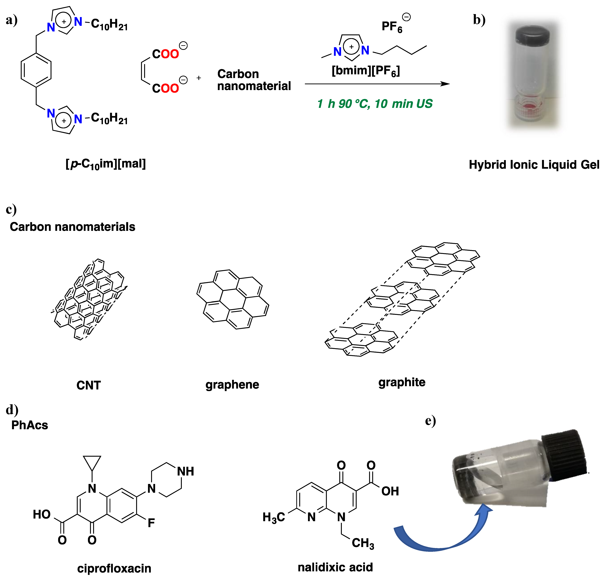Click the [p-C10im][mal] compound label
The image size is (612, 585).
tap(106, 164)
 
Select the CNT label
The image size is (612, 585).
tap(89, 385)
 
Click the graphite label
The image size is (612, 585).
tap(402, 382)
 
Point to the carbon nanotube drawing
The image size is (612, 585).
tap(89, 299)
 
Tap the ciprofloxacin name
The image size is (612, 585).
tap(114, 569)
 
